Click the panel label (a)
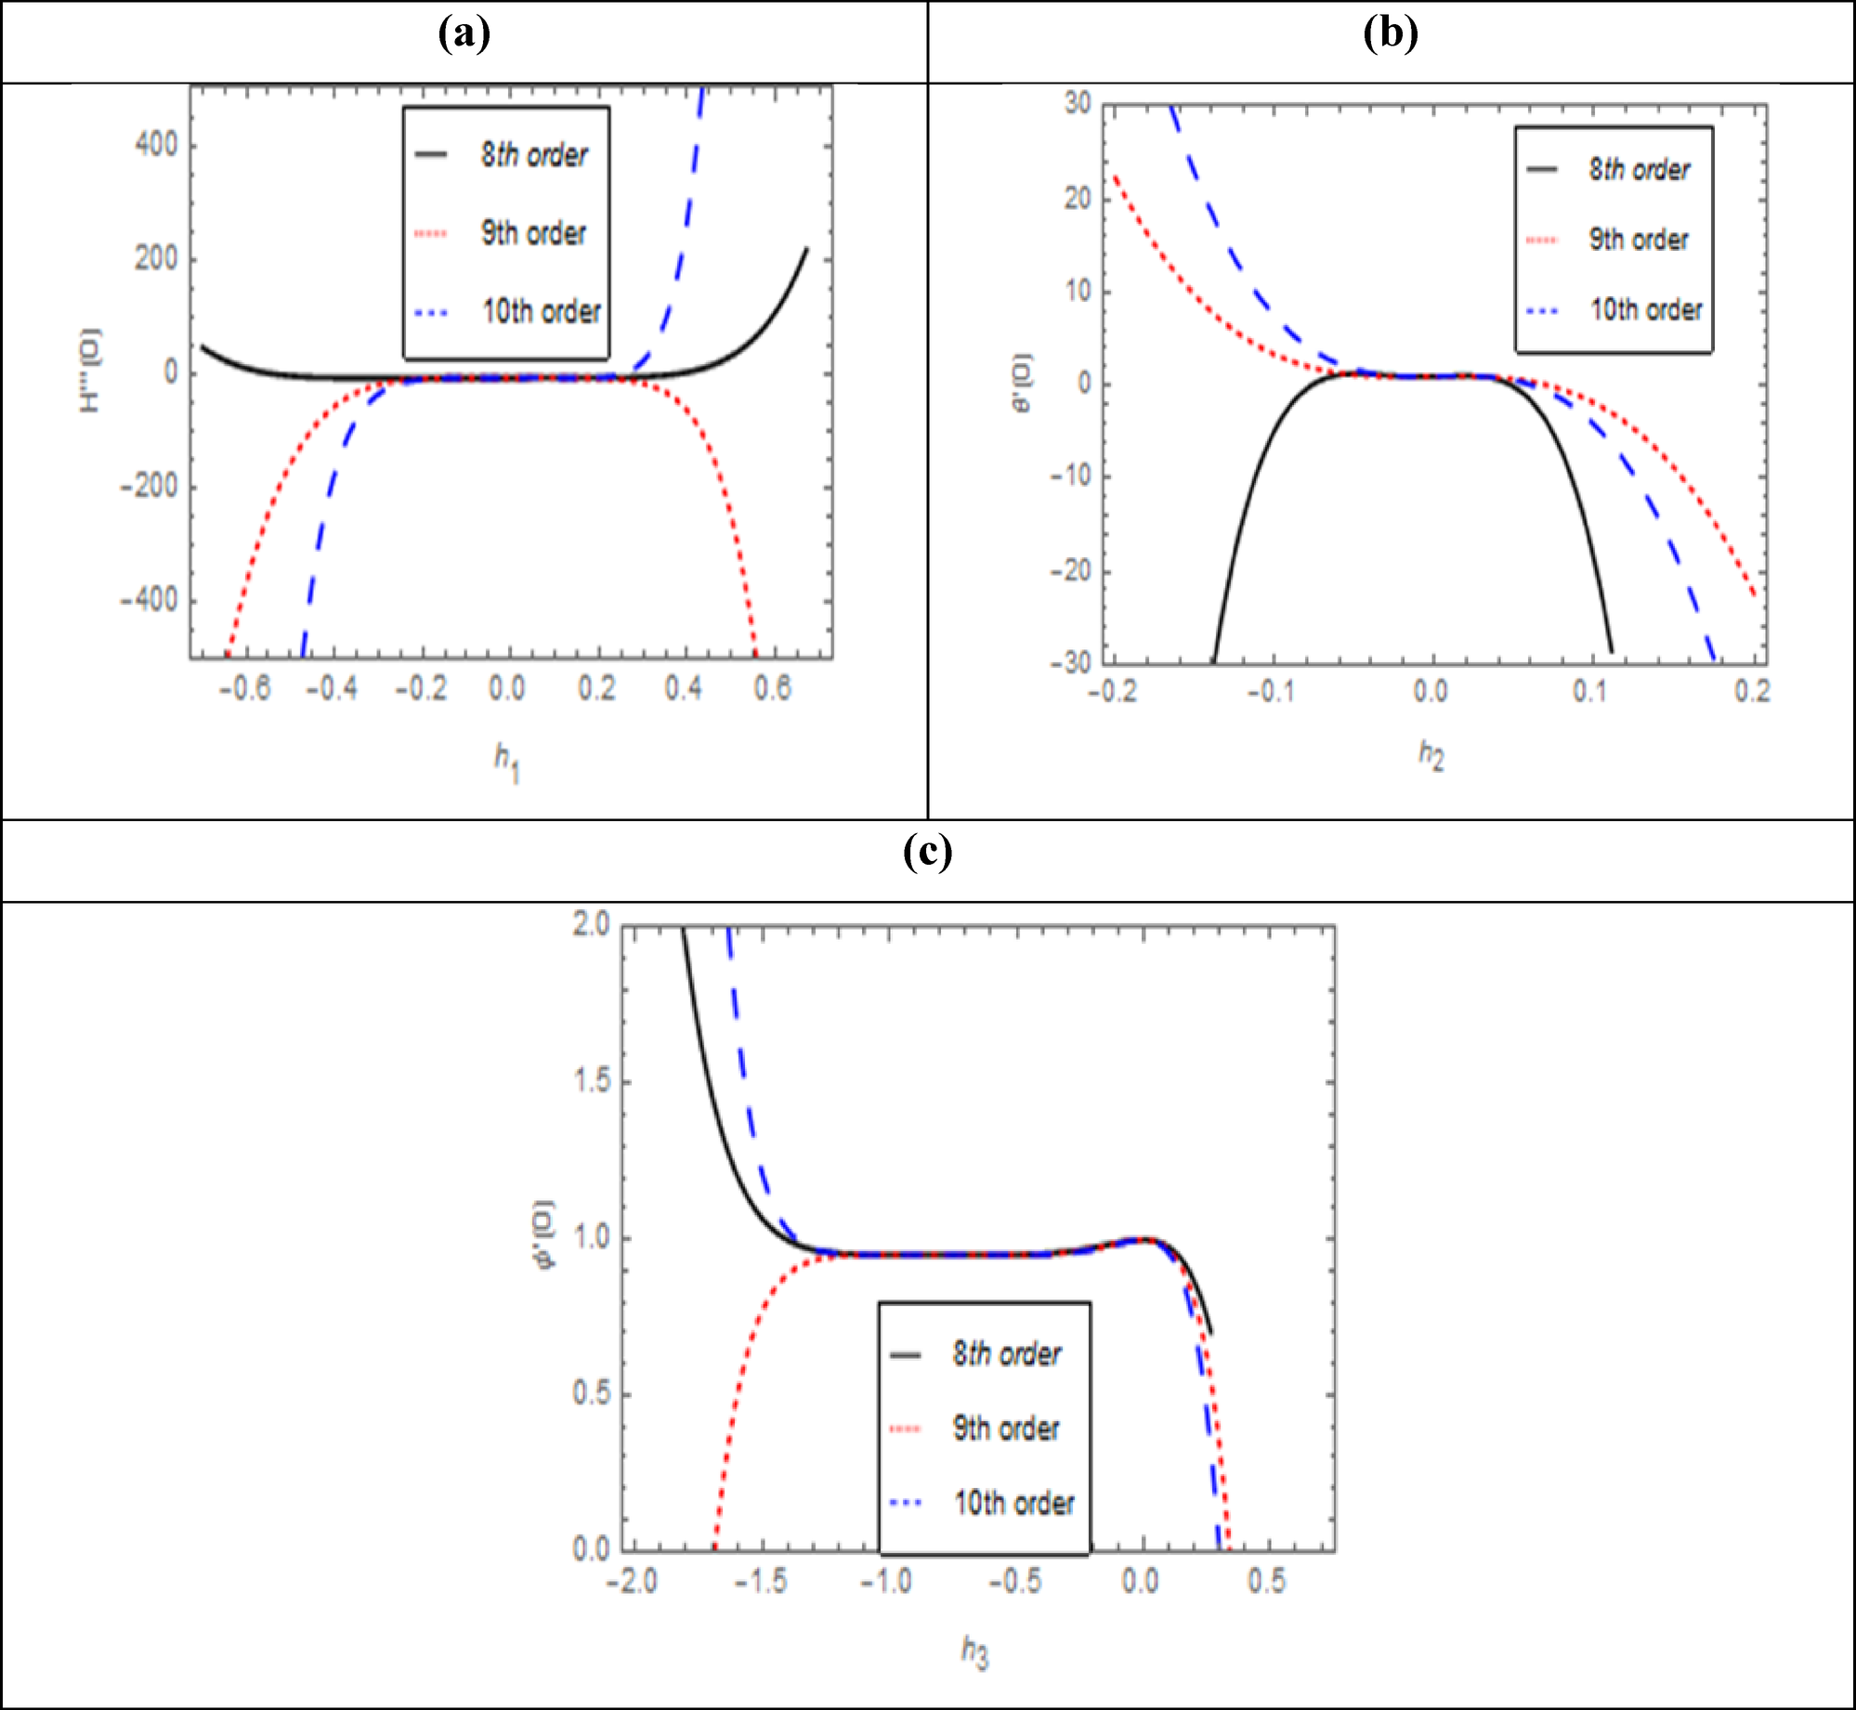[x=464, y=34]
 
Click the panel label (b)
[x=1390, y=34]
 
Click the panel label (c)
[x=927, y=852]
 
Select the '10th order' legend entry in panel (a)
[x=541, y=311]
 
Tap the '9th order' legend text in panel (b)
[x=1638, y=240]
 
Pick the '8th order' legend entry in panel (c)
[x=1006, y=1354]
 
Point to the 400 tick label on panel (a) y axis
[x=156, y=145]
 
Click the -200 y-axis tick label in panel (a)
[x=149, y=486]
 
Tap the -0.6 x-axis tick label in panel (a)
[x=244, y=688]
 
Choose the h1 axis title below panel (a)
[x=507, y=763]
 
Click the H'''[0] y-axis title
[x=90, y=371]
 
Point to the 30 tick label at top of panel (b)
[x=1078, y=103]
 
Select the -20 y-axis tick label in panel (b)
[x=1070, y=570]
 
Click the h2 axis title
[x=1431, y=755]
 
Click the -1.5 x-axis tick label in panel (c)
[x=761, y=1581]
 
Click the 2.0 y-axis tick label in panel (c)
[x=591, y=924]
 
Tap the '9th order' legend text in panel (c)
[x=1006, y=1429]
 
